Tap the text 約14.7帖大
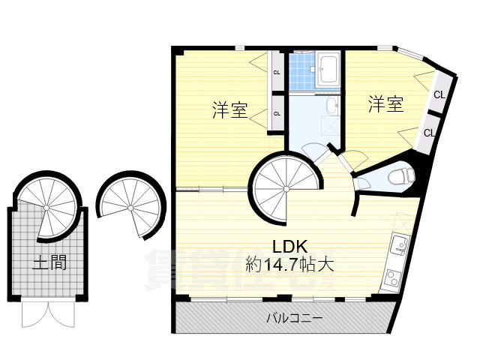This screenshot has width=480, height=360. point(289,265)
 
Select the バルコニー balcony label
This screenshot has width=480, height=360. point(295,318)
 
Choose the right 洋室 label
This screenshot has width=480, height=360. point(385,105)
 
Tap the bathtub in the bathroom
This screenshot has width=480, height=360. point(329,70)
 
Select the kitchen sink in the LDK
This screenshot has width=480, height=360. point(397,244)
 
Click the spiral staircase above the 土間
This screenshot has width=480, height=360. point(46,205)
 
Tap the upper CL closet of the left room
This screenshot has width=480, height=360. point(277,73)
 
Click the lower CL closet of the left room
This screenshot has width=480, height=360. point(277,114)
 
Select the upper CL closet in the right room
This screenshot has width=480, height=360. point(439,94)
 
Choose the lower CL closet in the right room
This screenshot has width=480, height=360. point(428,133)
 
